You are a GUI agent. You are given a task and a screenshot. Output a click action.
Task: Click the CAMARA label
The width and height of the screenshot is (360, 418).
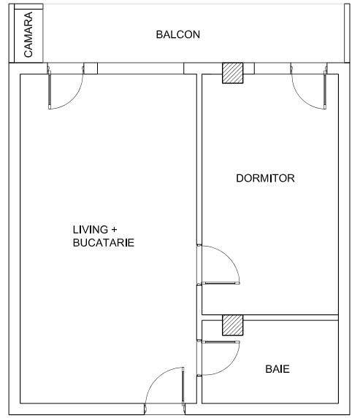(29, 34)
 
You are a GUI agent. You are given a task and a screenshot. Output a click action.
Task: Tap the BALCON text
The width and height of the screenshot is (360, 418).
(177, 34)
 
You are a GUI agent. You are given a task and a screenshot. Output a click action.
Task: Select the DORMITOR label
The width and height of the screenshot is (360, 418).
(265, 178)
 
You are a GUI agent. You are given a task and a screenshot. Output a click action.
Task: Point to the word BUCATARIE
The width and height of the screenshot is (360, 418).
(103, 243)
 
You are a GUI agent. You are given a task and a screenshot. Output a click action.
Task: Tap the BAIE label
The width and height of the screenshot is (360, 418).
(277, 369)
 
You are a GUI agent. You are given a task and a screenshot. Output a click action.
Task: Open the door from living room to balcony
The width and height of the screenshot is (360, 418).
(66, 88)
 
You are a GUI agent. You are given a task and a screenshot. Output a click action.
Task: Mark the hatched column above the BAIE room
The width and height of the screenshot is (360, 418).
(232, 325)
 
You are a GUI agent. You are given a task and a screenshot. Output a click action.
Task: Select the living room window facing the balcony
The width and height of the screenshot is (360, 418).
(139, 69)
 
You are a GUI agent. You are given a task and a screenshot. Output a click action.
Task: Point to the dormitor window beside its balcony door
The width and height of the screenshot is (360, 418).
(271, 69)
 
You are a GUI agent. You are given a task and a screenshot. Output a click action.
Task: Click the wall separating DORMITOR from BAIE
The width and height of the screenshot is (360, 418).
(292, 317)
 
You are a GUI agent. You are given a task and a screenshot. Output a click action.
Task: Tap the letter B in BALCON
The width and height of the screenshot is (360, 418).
(159, 34)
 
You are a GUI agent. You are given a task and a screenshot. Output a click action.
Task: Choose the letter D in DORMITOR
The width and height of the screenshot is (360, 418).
(240, 178)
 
